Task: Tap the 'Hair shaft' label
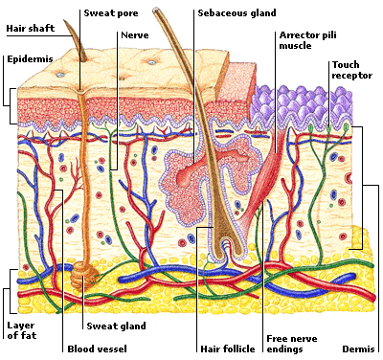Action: tap(31, 29)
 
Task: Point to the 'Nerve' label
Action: tap(135, 35)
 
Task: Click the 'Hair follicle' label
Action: tap(227, 349)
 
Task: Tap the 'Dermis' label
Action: tap(360, 349)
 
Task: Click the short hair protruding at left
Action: tap(79, 43)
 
